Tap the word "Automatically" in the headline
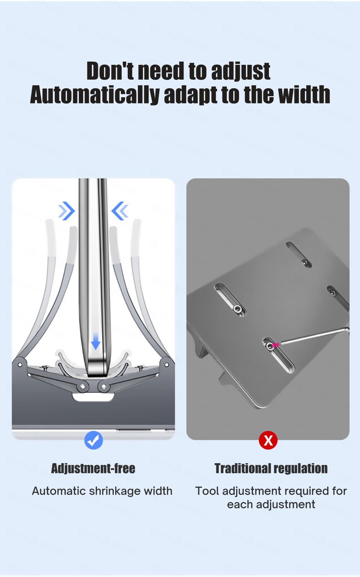[x=94, y=95]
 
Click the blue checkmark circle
[x=94, y=440]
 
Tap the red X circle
[x=268, y=440]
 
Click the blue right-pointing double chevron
[x=67, y=211]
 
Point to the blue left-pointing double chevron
[x=120, y=211]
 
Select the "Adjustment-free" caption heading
[x=93, y=468]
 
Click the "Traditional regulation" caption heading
[x=271, y=468]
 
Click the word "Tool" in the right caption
[x=207, y=491]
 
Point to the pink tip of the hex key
[x=275, y=345]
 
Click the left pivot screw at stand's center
[x=83, y=386]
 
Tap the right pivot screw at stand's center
[x=104, y=386]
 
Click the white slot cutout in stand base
[x=94, y=398]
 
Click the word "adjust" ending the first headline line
[x=240, y=72]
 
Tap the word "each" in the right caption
[x=240, y=505]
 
